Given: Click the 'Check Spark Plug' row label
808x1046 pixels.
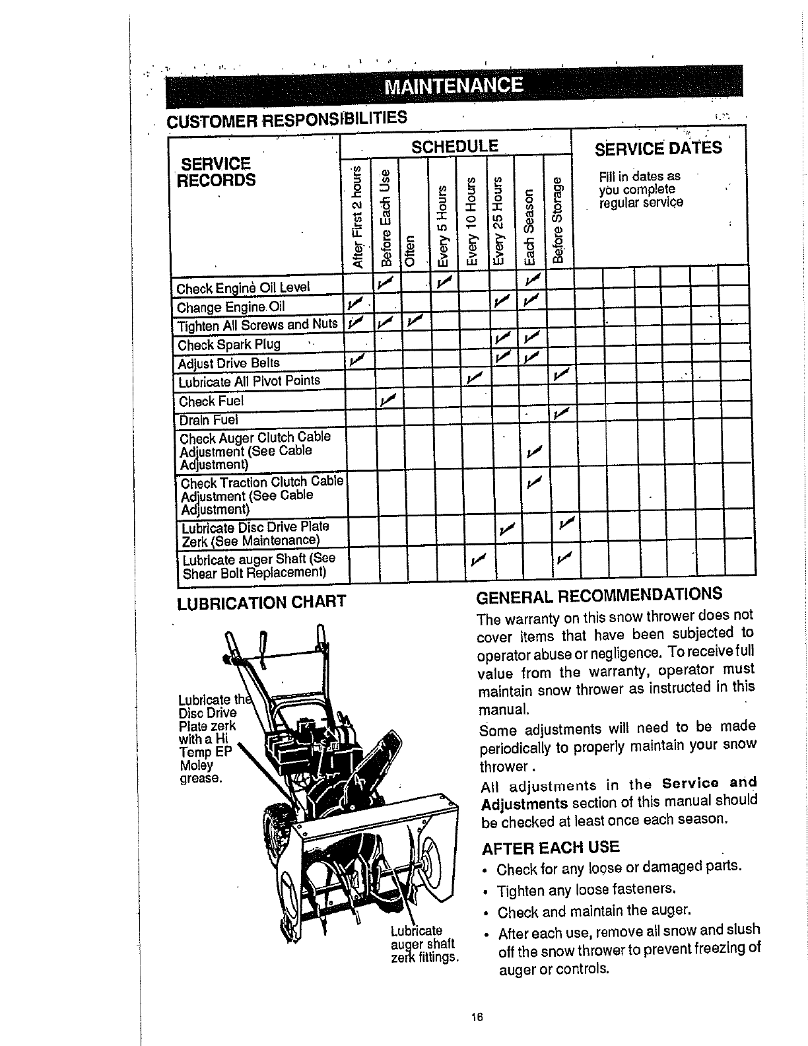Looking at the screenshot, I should tap(229, 345).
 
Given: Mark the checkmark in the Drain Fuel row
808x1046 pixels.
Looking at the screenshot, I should tap(561, 414).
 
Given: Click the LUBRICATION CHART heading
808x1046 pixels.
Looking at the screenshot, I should tap(261, 602).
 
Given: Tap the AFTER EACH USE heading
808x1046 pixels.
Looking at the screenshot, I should tap(551, 847).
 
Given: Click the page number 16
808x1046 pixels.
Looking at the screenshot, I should tap(478, 1018).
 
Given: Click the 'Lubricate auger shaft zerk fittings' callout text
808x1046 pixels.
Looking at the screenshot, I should tap(423, 944).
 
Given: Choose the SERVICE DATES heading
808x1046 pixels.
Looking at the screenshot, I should tap(658, 148).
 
